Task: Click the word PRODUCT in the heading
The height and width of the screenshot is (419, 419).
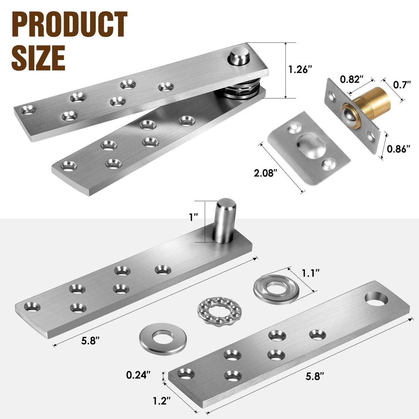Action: click(x=69, y=25)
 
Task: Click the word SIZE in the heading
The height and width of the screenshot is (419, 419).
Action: click(x=38, y=57)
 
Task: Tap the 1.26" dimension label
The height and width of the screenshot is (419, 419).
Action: click(x=300, y=69)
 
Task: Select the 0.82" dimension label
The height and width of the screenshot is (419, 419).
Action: click(x=352, y=79)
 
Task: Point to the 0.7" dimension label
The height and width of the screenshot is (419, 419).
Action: click(x=402, y=84)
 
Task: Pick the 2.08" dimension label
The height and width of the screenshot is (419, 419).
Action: click(x=266, y=173)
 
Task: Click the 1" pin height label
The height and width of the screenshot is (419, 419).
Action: click(x=194, y=218)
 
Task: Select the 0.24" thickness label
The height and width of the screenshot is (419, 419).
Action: click(x=138, y=375)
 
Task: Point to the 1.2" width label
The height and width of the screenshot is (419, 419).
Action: click(x=162, y=401)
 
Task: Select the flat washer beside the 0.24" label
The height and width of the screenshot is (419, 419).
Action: click(x=163, y=337)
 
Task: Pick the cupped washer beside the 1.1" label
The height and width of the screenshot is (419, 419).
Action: click(x=276, y=289)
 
